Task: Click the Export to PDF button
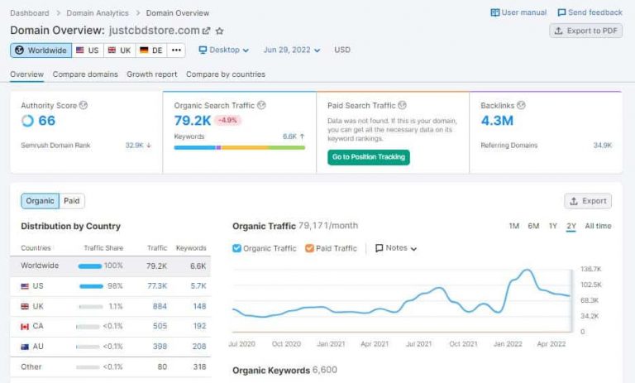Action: (586, 31)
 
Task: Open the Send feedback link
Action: (590, 12)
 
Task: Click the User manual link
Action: (518, 12)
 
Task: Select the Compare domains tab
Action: (86, 74)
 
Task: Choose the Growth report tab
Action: (152, 74)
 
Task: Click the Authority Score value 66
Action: (46, 121)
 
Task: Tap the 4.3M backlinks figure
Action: (497, 121)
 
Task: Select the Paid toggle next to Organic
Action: (72, 201)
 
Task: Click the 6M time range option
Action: (534, 226)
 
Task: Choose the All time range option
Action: (598, 226)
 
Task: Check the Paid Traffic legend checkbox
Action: (309, 248)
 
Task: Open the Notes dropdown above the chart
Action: (396, 248)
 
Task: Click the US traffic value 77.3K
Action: (156, 285)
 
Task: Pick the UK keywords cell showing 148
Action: (198, 305)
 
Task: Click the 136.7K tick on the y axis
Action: (590, 270)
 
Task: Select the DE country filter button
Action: (150, 50)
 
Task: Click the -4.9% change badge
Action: (227, 121)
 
